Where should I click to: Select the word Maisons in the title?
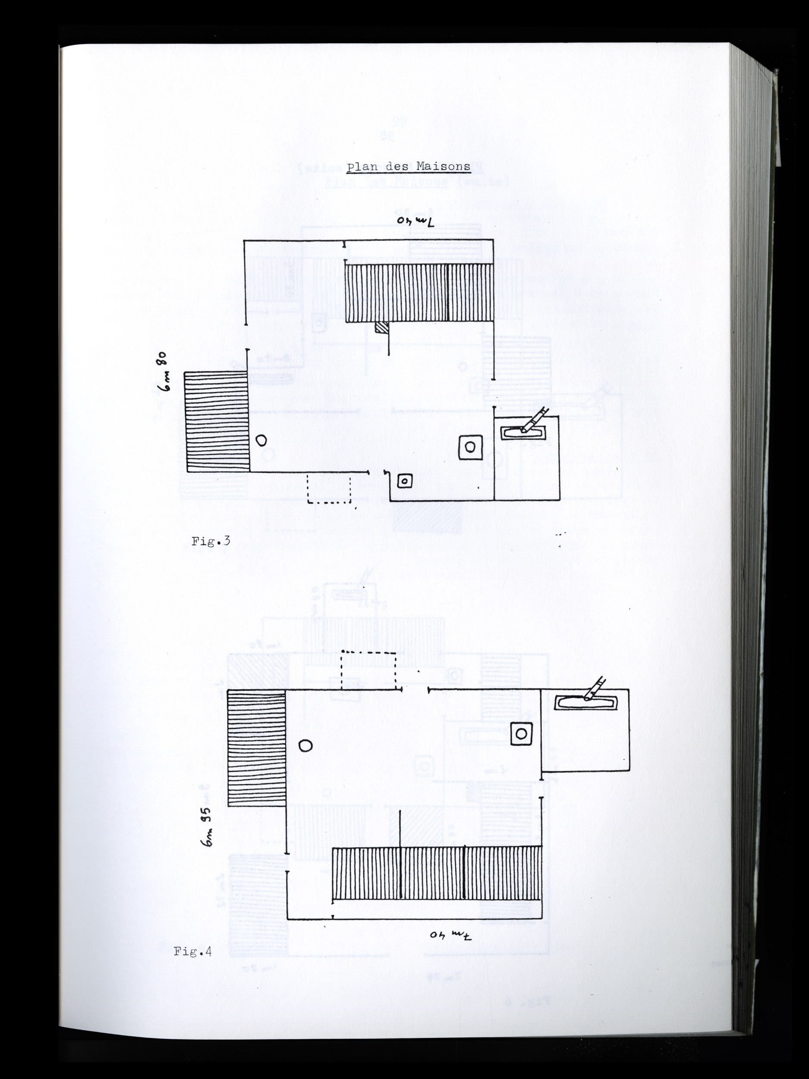coord(444,166)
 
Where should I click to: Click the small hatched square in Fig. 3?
coord(381,327)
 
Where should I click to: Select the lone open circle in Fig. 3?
coord(262,441)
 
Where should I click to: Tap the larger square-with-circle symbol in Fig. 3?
coord(470,447)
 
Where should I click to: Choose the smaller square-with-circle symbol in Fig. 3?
coord(404,482)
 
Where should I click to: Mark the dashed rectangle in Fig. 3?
coord(329,487)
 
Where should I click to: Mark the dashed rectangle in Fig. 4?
coord(368,671)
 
